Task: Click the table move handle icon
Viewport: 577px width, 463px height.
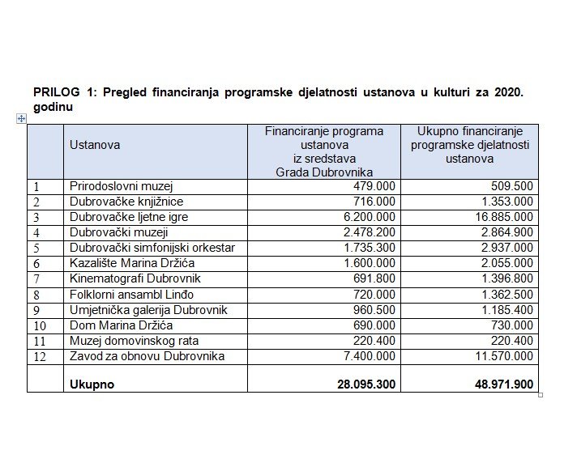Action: tap(21, 118)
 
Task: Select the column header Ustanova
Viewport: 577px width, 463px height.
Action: tap(95, 145)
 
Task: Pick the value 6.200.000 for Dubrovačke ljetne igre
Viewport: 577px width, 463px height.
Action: tap(369, 217)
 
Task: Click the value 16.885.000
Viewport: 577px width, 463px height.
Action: tap(504, 217)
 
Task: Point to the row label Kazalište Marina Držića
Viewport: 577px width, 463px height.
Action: tap(132, 263)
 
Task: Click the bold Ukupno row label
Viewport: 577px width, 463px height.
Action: tap(92, 384)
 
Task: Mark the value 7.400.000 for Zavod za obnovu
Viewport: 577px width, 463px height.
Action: tap(369, 356)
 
